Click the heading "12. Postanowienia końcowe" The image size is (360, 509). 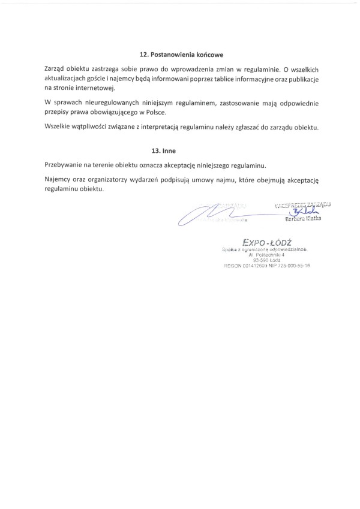coord(179,55)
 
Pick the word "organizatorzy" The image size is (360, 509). coord(111,179)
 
